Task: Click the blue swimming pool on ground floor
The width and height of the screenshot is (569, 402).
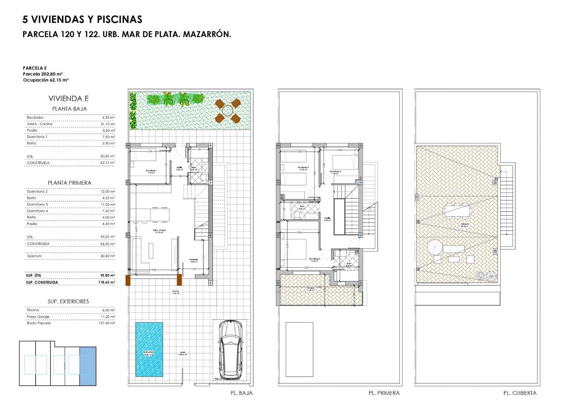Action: coord(149,349)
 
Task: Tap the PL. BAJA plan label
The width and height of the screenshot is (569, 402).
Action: coord(241,393)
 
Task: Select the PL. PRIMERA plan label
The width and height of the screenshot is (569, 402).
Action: coord(384,393)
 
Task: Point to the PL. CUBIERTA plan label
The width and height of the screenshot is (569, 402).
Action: coord(520,393)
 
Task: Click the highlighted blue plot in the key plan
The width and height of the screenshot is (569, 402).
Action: coord(88,366)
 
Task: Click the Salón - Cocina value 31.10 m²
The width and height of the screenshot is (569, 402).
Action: coord(108,124)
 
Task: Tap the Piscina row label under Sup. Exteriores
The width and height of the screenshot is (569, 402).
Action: coord(33,310)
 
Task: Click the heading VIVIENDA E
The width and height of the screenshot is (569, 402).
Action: coord(69,99)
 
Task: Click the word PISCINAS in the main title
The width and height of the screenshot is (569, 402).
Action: coord(119,20)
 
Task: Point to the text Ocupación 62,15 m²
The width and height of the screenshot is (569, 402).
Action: coord(46,80)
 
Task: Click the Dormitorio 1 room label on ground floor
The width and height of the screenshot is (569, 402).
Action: coord(151,171)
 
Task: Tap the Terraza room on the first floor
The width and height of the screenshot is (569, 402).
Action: coord(313,290)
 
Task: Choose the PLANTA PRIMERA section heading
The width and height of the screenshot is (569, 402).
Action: coord(70,183)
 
